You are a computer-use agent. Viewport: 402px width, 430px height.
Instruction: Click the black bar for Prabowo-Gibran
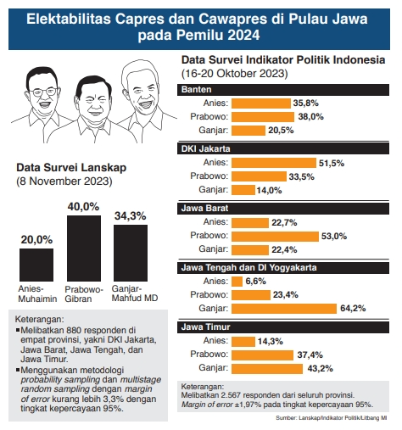point(84,248)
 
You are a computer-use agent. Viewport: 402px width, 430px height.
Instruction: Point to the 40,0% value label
point(84,206)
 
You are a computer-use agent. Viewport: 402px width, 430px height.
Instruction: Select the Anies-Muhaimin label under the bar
point(36,293)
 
